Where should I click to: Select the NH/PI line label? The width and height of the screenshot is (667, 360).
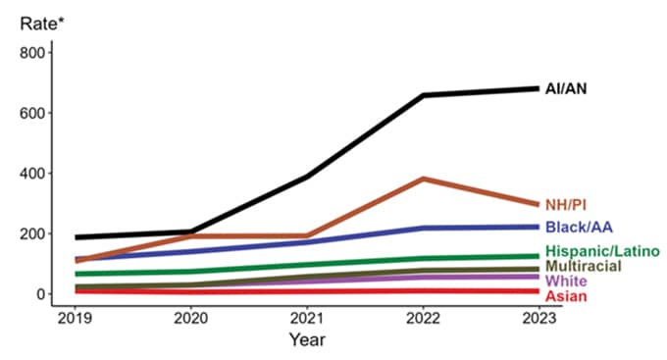pyautogui.click(x=570, y=204)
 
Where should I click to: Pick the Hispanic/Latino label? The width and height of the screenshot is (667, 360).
pyautogui.click(x=601, y=252)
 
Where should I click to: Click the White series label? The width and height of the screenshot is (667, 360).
pyautogui.click(x=566, y=282)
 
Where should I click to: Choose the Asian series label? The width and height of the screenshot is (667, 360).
pyautogui.click(x=566, y=296)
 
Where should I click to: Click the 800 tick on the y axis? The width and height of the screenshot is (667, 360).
pyautogui.click(x=31, y=52)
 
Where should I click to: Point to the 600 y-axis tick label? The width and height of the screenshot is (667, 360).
pyautogui.click(x=31, y=113)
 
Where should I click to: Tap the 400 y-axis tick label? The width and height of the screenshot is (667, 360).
pyautogui.click(x=31, y=174)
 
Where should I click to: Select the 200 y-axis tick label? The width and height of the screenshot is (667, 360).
pyautogui.click(x=31, y=233)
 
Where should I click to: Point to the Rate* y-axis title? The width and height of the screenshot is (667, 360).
pyautogui.click(x=40, y=22)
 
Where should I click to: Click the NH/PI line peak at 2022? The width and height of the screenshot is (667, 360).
pyautogui.click(x=423, y=179)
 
